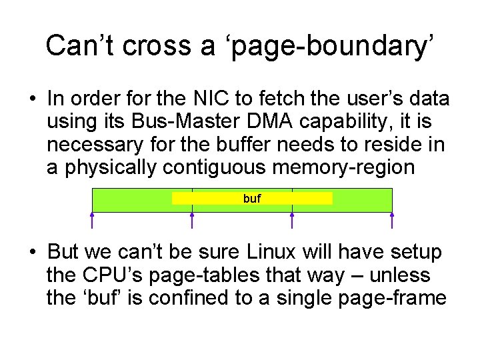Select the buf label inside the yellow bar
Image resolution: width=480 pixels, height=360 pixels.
[252, 199]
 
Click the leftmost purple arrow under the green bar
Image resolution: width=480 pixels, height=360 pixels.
[92, 221]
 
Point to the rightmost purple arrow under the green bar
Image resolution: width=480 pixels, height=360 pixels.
[392, 221]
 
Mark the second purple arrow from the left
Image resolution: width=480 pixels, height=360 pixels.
[193, 221]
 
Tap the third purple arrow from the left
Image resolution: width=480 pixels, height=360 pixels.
[292, 221]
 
